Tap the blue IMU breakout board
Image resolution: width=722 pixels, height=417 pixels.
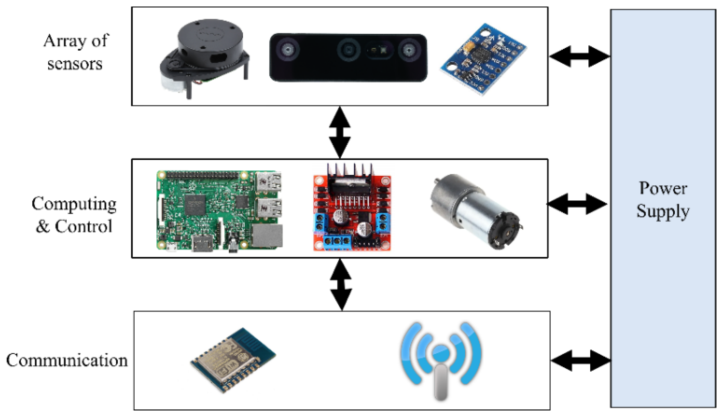click(x=484, y=59)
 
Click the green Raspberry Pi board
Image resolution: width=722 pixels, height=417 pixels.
click(x=219, y=211)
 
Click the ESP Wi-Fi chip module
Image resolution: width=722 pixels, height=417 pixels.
click(x=233, y=359)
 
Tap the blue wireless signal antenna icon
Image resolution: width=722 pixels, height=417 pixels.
click(x=441, y=359)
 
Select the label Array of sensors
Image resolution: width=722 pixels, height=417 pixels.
click(x=76, y=52)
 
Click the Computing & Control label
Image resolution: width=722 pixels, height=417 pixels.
click(x=74, y=215)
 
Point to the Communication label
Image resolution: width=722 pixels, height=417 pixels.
click(x=67, y=360)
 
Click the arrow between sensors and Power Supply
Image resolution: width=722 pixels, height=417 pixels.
click(x=579, y=56)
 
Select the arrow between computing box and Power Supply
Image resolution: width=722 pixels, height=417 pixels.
click(x=577, y=204)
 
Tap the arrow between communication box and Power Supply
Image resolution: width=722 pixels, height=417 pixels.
click(x=581, y=361)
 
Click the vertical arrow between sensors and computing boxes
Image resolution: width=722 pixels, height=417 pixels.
click(x=340, y=132)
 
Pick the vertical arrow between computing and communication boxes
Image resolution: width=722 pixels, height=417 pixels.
click(x=341, y=284)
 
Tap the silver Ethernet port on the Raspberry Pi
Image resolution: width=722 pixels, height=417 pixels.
click(x=267, y=236)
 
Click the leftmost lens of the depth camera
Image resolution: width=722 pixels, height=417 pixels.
click(x=288, y=50)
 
